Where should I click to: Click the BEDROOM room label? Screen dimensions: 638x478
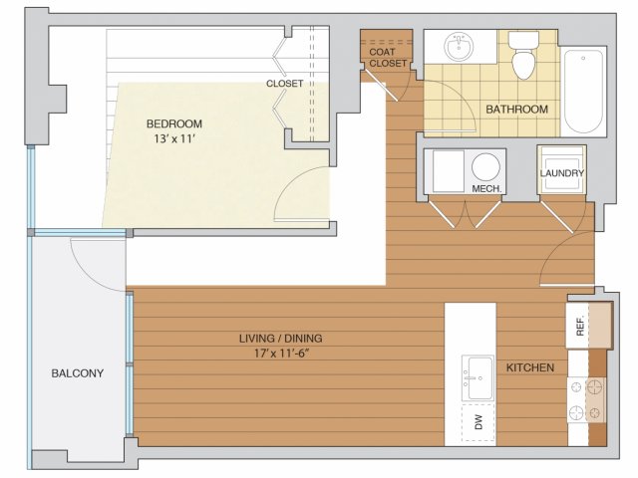[174, 123]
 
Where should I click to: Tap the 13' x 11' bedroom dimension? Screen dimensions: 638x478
[174, 139]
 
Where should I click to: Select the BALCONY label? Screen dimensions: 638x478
[78, 373]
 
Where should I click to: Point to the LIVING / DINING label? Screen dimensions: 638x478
[281, 339]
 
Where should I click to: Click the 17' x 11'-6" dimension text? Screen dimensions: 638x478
[282, 354]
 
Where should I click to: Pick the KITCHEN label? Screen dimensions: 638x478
[530, 367]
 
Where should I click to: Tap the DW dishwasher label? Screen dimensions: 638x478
[478, 422]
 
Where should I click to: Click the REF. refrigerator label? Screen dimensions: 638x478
[580, 326]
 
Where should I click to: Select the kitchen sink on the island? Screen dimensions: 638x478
[478, 378]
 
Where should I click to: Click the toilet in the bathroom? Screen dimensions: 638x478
[523, 55]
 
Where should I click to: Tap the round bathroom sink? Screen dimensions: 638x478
[460, 47]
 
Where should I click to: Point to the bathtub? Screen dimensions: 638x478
[583, 92]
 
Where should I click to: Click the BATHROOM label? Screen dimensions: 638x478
[516, 109]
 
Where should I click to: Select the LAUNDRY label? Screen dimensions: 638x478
[562, 173]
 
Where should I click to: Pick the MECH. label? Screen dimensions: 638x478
[486, 188]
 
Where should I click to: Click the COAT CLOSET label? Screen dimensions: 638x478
[388, 58]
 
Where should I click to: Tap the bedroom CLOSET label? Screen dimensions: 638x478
[284, 84]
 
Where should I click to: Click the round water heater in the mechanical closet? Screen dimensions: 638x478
[485, 167]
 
